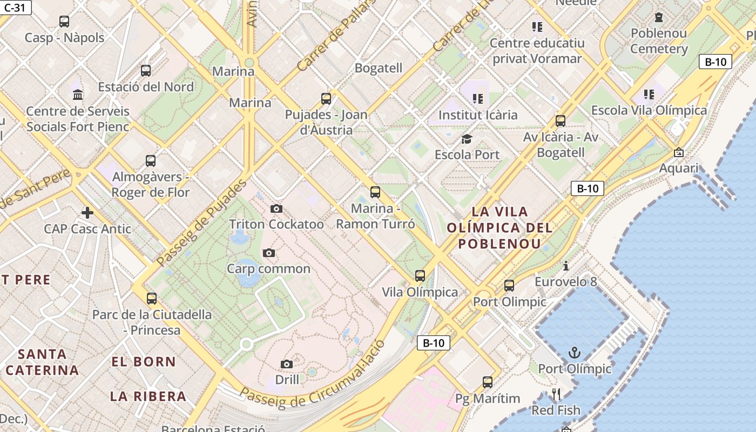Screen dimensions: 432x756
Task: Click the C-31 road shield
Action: click(15, 7)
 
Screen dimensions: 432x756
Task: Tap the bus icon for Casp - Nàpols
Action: click(64, 22)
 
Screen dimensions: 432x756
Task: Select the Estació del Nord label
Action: click(146, 87)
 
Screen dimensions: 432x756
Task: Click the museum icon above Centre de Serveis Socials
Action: click(78, 95)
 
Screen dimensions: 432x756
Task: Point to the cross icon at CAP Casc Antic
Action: click(87, 212)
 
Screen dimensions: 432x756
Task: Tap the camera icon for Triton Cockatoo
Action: click(276, 208)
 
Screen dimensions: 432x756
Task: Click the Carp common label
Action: click(268, 268)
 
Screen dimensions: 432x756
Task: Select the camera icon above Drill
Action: click(287, 364)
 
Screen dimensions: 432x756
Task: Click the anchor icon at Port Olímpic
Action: click(575, 354)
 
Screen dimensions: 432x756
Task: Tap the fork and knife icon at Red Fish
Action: click(556, 394)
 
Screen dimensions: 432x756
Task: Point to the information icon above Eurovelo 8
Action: click(565, 266)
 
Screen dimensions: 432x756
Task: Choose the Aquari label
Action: click(679, 168)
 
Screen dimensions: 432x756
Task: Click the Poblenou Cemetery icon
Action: click(659, 17)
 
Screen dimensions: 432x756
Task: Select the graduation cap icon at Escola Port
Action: click(467, 139)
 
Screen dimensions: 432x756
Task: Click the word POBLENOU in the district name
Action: click(499, 244)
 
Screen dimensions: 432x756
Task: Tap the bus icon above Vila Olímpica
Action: click(420, 276)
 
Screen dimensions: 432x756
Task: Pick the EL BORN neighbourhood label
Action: click(144, 362)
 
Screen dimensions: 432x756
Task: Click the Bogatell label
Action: click(378, 68)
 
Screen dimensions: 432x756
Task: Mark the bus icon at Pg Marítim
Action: click(488, 382)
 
